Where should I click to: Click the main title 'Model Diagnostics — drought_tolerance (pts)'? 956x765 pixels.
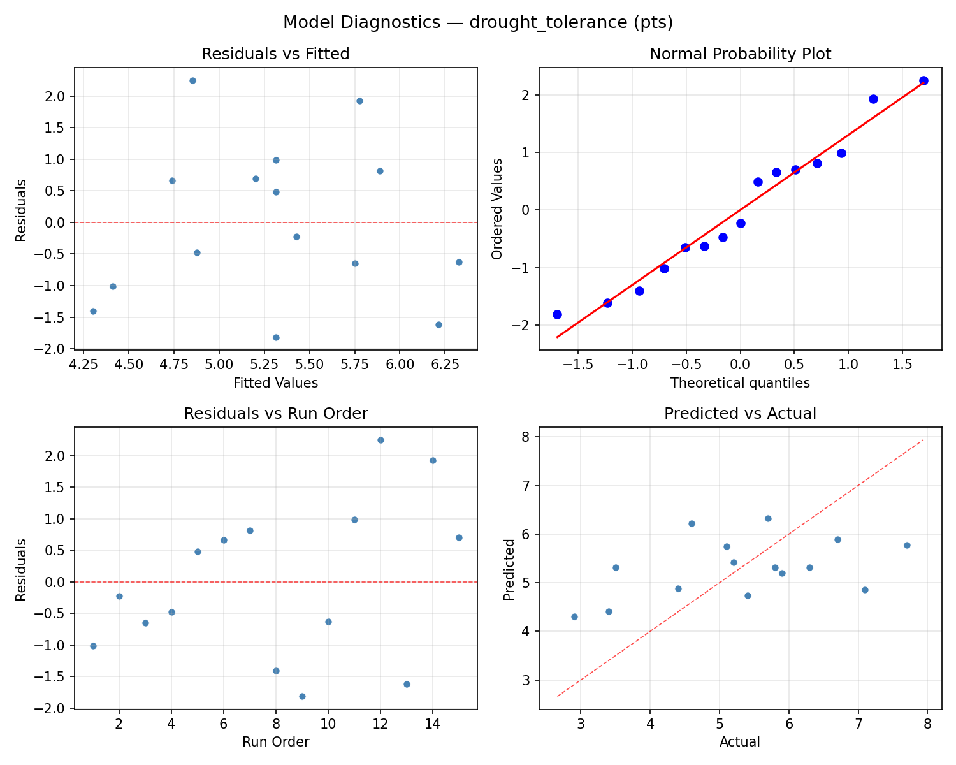[478, 22]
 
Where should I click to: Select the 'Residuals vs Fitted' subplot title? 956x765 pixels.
[275, 54]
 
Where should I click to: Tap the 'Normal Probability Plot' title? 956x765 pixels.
[740, 54]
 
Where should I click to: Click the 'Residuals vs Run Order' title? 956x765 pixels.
[275, 414]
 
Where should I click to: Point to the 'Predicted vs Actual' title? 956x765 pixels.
[740, 414]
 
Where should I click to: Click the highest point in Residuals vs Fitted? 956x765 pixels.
[192, 80]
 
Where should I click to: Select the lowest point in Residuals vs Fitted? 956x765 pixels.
[276, 337]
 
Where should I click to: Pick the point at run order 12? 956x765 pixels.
[380, 440]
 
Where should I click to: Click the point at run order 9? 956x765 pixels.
[302, 696]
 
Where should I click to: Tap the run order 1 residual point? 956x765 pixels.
[93, 646]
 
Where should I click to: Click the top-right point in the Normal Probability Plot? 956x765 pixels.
[923, 80]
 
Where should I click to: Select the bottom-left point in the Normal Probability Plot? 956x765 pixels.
[557, 314]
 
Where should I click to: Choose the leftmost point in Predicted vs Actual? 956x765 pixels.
[574, 616]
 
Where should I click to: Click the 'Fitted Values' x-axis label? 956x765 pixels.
[275, 383]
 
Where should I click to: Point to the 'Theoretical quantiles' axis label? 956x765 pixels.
[740, 383]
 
